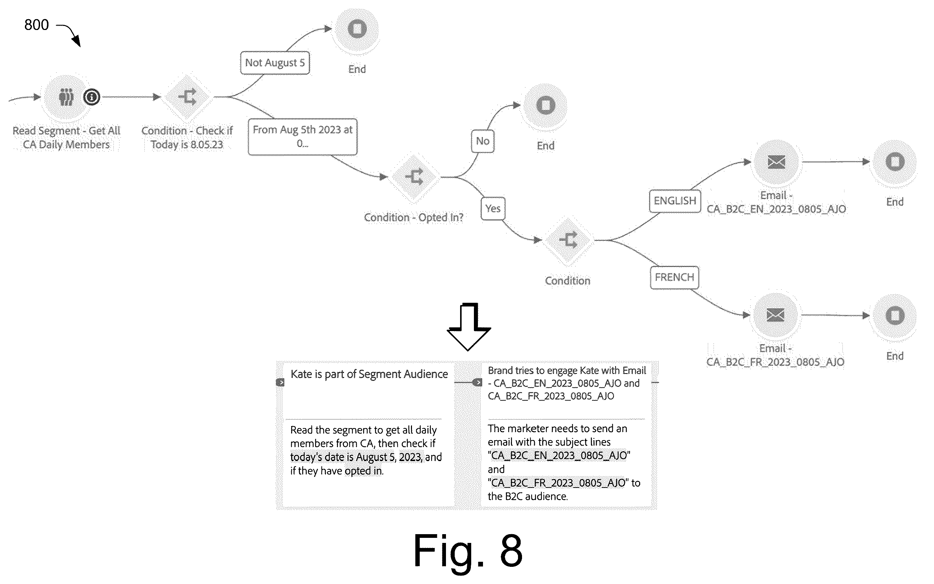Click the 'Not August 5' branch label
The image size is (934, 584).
click(275, 63)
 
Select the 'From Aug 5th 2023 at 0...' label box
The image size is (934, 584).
click(303, 137)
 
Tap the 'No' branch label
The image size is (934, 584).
click(482, 141)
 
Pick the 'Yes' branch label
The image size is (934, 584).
click(493, 208)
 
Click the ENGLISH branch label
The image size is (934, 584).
click(674, 201)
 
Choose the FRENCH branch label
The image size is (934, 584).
click(674, 277)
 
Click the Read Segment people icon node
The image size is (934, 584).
click(66, 97)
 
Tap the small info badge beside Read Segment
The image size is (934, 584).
click(92, 97)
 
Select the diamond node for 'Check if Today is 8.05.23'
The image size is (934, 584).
click(187, 97)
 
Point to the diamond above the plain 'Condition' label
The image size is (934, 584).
click(568, 240)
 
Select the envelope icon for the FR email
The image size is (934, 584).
click(775, 315)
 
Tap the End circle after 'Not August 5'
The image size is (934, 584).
click(357, 29)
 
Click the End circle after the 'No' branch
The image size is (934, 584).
click(545, 105)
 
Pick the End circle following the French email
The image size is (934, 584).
click(895, 316)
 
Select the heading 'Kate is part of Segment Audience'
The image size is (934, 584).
click(369, 374)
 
